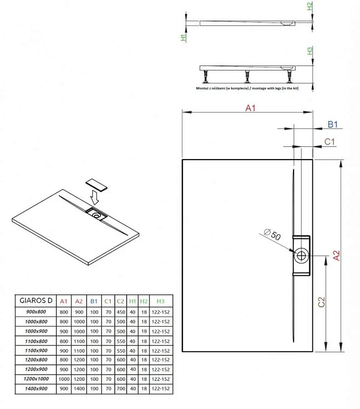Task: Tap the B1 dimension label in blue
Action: pyautogui.click(x=333, y=125)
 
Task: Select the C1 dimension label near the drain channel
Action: pyautogui.click(x=330, y=142)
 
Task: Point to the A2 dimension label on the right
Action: pyautogui.click(x=336, y=256)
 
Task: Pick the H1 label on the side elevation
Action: pyautogui.click(x=183, y=38)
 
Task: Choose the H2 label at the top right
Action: pyautogui.click(x=310, y=6)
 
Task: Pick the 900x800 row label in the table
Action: pyautogui.click(x=36, y=312)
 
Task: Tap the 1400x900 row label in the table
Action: pyautogui.click(x=36, y=389)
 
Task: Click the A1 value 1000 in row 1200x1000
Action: pyautogui.click(x=64, y=379)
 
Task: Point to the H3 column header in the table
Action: pyautogui.click(x=160, y=300)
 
